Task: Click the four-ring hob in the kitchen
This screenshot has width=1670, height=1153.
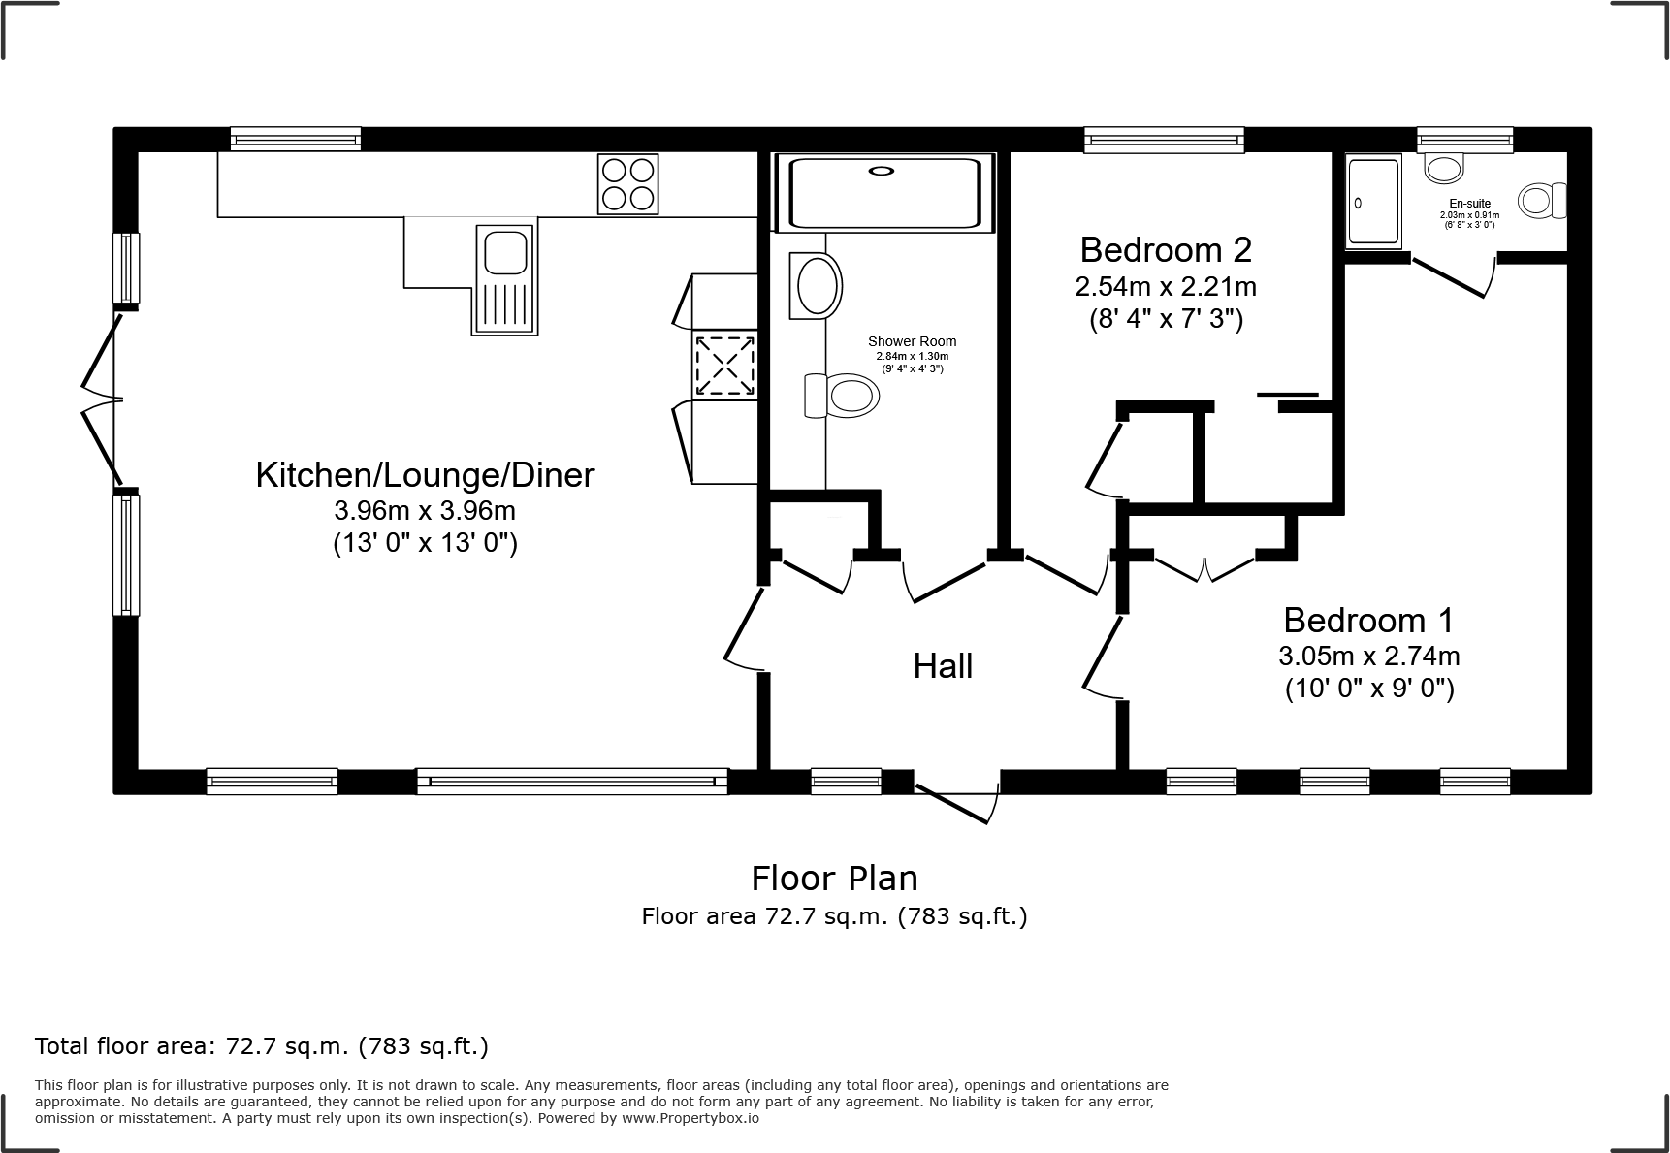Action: click(627, 184)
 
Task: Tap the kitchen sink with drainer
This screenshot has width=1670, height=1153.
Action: click(504, 279)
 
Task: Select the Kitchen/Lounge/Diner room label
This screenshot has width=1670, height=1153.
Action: click(425, 475)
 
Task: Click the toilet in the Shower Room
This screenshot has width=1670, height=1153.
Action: click(842, 397)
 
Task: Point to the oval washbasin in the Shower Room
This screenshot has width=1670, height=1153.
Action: click(817, 286)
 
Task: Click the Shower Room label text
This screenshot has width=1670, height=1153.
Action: click(912, 341)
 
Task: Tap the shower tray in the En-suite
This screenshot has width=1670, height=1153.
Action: click(1373, 203)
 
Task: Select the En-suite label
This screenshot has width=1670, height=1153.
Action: click(1469, 204)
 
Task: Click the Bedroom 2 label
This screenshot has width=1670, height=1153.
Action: click(1166, 250)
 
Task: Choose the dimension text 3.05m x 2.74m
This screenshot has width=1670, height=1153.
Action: click(1368, 657)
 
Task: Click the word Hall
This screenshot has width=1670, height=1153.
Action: click(943, 666)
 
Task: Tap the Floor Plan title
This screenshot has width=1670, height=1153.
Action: click(834, 879)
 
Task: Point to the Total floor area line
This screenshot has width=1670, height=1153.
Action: click(262, 1046)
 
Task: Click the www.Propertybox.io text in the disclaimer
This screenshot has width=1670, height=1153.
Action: click(690, 1118)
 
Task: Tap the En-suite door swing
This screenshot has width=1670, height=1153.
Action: click(1452, 276)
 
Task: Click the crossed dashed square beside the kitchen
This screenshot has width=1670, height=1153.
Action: click(723, 366)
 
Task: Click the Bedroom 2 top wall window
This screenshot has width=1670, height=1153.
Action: click(1163, 141)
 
